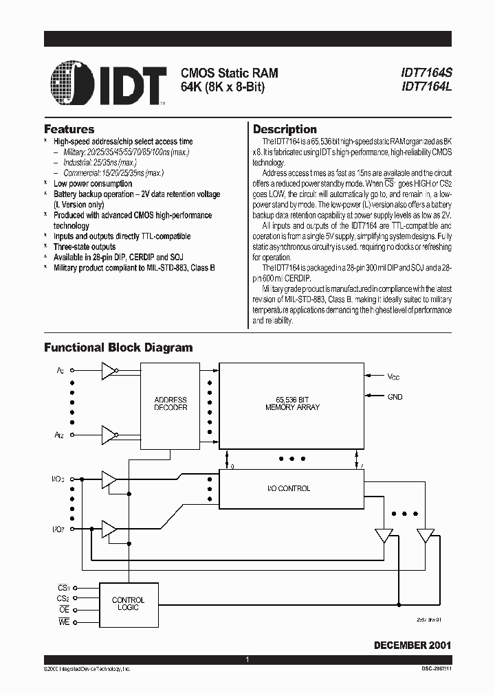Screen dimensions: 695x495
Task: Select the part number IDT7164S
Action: [x=427, y=73]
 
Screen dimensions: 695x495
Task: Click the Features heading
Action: [x=69, y=129]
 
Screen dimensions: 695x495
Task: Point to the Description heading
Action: [x=285, y=129]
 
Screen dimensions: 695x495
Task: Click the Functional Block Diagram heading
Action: [x=118, y=347]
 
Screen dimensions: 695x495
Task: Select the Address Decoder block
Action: [x=170, y=404]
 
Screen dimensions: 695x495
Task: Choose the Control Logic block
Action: [x=128, y=604]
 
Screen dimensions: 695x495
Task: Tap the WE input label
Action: [x=64, y=622]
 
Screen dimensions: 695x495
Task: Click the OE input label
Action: [x=64, y=610]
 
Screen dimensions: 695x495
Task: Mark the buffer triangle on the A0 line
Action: [x=108, y=372]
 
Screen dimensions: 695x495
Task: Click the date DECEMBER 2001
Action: [x=412, y=646]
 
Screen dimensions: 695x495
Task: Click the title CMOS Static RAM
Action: [x=229, y=73]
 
